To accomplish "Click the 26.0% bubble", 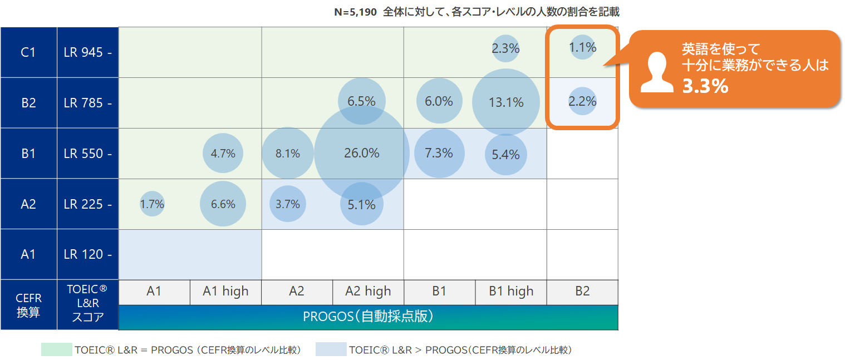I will click(x=362, y=153).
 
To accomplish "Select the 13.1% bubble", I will click(x=505, y=102).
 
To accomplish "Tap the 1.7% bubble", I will click(x=152, y=204).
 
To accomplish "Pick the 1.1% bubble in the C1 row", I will click(x=583, y=47).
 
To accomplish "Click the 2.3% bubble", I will click(x=505, y=48).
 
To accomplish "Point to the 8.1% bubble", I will click(x=288, y=154).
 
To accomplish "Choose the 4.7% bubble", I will click(x=223, y=154).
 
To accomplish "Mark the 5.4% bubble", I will click(x=505, y=155).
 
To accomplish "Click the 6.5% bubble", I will click(x=362, y=101).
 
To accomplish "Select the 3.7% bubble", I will click(x=288, y=204).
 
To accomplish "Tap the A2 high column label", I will click(x=368, y=292).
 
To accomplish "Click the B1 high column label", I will click(x=511, y=292).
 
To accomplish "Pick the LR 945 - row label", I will click(x=87, y=52).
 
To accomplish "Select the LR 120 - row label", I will click(x=87, y=254).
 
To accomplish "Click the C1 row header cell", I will click(x=28, y=52).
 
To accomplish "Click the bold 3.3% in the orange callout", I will click(x=705, y=86).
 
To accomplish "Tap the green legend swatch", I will click(x=56, y=349).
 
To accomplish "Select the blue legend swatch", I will click(x=331, y=349).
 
